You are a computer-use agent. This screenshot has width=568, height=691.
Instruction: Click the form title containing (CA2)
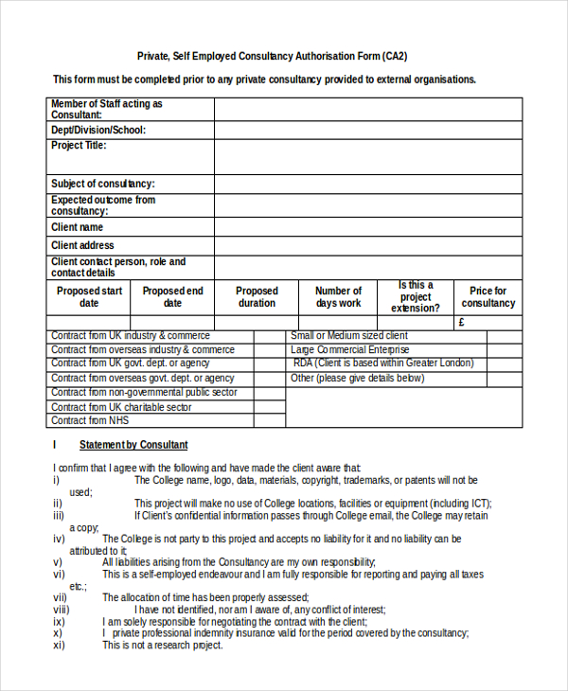(285, 57)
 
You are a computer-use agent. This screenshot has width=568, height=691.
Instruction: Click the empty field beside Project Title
(367, 156)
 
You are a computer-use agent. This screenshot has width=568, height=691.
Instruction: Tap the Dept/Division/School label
(98, 130)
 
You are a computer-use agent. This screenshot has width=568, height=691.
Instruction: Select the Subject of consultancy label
(103, 184)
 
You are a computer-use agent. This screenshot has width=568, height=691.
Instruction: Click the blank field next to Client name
(367, 228)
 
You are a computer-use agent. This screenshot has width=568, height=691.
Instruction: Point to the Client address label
(82, 245)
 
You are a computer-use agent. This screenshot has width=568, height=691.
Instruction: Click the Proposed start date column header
(89, 297)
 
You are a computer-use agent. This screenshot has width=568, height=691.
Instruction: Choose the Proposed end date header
(172, 297)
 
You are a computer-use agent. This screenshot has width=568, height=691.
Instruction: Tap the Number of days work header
(338, 297)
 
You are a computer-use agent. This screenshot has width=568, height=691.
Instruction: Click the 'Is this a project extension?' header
(416, 296)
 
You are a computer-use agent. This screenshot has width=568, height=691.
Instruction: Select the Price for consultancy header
(488, 297)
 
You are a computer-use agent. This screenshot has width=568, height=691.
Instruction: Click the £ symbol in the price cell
(461, 323)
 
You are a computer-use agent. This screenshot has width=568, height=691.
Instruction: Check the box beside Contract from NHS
(269, 420)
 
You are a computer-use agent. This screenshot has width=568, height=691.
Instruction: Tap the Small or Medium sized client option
(348, 336)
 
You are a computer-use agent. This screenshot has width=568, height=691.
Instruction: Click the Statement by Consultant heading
(133, 445)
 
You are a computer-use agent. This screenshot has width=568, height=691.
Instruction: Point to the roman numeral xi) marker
(59, 646)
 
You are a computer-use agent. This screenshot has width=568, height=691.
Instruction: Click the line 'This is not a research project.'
(162, 646)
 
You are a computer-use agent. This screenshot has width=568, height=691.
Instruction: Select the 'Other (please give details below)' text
(357, 379)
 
